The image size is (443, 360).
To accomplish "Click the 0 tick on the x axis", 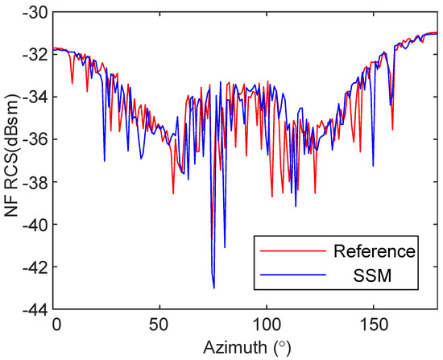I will (56, 322).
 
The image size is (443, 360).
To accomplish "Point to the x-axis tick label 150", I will (372, 322).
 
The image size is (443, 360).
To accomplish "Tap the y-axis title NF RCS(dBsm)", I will (11, 160).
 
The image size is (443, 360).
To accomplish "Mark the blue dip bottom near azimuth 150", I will (373, 166).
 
